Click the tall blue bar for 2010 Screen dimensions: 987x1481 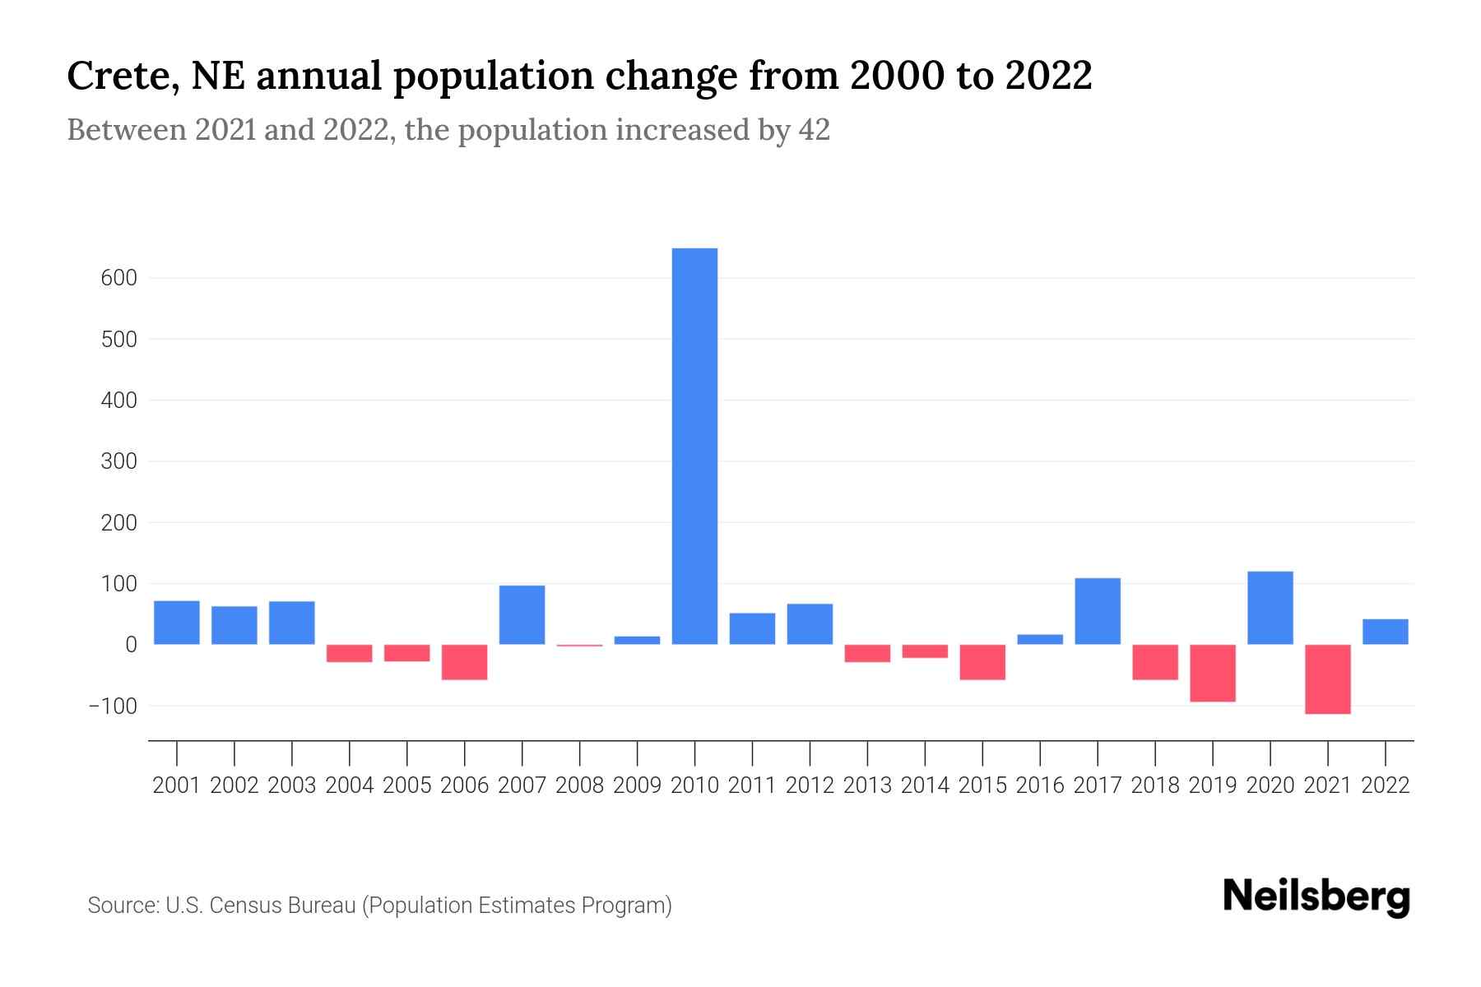(694, 446)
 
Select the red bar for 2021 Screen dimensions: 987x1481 (1327, 679)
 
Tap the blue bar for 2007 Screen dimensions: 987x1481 (522, 614)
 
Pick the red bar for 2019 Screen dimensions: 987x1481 (1212, 673)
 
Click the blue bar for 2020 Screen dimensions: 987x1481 (1270, 608)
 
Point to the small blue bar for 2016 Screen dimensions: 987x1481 (1040, 639)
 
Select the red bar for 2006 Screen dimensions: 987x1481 (464, 662)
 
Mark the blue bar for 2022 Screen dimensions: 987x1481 (1385, 632)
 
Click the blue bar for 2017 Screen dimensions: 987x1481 (1098, 611)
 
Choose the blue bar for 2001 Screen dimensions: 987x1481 (177, 623)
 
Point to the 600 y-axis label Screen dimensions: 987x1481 (120, 278)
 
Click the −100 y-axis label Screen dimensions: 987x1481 (113, 706)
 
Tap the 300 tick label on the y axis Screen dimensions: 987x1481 (120, 461)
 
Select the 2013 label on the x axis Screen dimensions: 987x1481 (867, 785)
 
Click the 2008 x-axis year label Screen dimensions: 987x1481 (579, 785)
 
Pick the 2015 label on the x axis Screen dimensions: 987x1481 (982, 785)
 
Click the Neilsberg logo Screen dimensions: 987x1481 (1316, 897)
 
